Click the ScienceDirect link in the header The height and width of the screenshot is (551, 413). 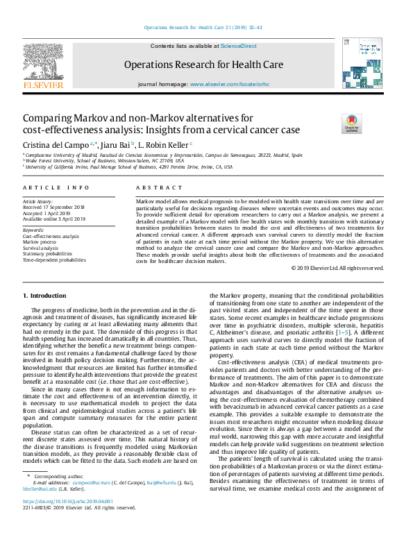[238, 46]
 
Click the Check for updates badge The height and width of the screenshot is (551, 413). [352, 124]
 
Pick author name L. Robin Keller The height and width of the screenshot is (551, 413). [164, 144]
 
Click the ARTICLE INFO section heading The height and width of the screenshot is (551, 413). [56, 188]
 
